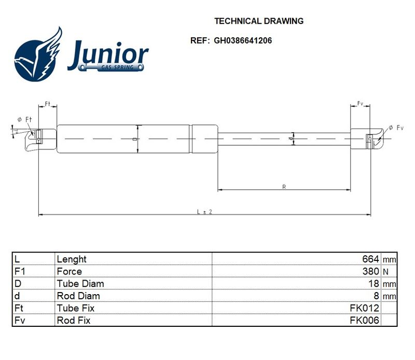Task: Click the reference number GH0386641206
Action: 243,40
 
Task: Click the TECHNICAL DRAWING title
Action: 259,21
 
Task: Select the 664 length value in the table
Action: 370,259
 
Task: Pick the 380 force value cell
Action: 370,271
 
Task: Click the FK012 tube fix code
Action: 365,308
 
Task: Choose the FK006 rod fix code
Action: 365,320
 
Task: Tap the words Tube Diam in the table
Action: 80,284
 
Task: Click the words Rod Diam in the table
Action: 78,296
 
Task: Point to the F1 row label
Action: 20,271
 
